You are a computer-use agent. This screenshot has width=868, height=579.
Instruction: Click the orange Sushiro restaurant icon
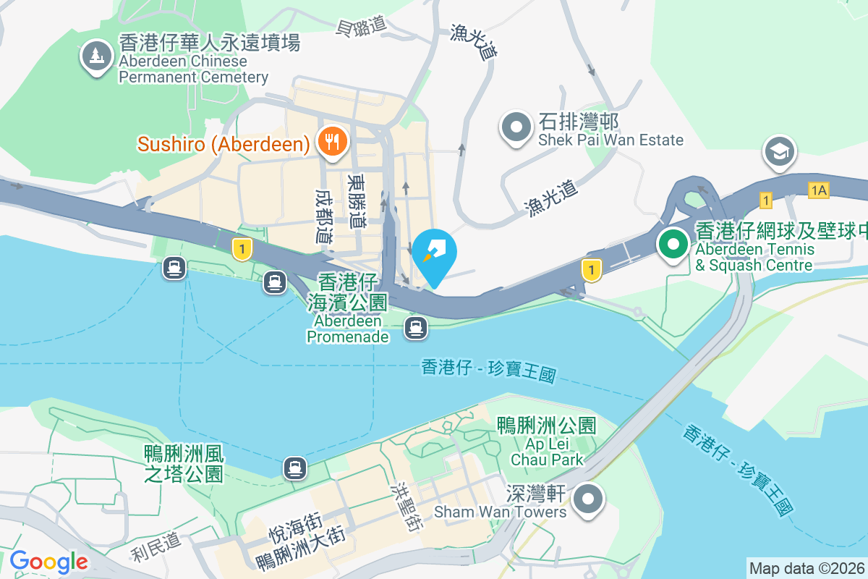[332, 141]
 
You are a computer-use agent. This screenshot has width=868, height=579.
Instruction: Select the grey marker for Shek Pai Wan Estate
[516, 127]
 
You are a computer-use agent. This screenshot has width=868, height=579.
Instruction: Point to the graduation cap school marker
[780, 152]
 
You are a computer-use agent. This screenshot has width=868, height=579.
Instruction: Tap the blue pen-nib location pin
[435, 254]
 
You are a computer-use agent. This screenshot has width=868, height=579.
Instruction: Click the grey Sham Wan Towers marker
[590, 499]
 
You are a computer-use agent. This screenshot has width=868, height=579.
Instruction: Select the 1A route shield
[818, 190]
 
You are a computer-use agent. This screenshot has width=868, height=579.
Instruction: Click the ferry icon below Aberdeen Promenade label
[416, 328]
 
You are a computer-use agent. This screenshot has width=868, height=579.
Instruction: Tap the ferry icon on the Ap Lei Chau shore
[294, 468]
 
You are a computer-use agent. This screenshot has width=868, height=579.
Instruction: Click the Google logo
[48, 562]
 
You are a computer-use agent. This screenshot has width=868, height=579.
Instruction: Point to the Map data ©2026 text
[807, 568]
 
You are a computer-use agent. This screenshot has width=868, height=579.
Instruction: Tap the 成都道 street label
[323, 216]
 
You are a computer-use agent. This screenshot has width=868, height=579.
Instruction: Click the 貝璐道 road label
[362, 27]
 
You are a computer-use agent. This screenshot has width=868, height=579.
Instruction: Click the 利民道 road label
[156, 548]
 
